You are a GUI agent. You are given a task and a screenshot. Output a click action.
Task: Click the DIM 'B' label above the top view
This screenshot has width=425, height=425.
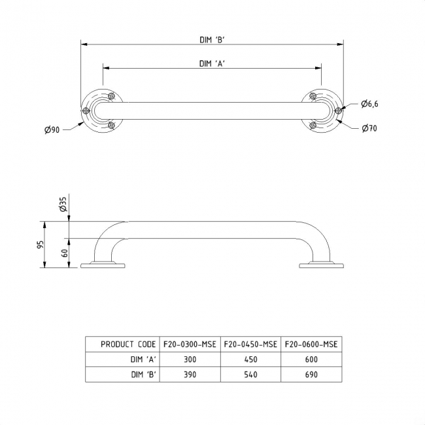212,39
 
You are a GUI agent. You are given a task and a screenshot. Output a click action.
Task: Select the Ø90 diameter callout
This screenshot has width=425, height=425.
52,130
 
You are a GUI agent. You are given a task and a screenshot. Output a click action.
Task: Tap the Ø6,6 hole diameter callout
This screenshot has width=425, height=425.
369,105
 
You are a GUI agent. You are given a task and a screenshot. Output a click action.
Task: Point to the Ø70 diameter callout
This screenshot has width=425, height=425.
369,128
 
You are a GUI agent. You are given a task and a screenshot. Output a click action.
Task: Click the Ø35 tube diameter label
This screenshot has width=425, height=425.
63,205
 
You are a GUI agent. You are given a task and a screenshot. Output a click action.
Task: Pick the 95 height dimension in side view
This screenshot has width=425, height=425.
40,245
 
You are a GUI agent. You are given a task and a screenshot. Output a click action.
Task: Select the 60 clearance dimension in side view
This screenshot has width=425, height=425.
65,252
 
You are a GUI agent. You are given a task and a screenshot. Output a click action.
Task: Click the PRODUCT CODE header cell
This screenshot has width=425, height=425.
128,344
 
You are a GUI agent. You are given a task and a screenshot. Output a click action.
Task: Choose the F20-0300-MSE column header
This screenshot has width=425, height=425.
189,344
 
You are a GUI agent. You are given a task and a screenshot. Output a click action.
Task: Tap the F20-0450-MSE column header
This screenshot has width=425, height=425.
250,344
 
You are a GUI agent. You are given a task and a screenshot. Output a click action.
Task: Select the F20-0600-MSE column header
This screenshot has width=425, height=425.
311,344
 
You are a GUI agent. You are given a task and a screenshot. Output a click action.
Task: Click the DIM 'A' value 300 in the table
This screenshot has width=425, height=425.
189,360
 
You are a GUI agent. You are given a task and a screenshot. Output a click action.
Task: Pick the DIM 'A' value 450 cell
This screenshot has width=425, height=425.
250,360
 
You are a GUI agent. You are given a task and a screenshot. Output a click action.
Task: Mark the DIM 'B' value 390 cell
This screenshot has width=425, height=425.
189,375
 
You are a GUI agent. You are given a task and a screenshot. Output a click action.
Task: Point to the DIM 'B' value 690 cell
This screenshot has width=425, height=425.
311,375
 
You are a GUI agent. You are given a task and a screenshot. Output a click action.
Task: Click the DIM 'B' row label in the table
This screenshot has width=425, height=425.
142,375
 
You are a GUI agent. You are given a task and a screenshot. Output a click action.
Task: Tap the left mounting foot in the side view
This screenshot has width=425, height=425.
103,264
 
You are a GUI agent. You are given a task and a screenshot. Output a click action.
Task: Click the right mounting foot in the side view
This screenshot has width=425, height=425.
321,264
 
